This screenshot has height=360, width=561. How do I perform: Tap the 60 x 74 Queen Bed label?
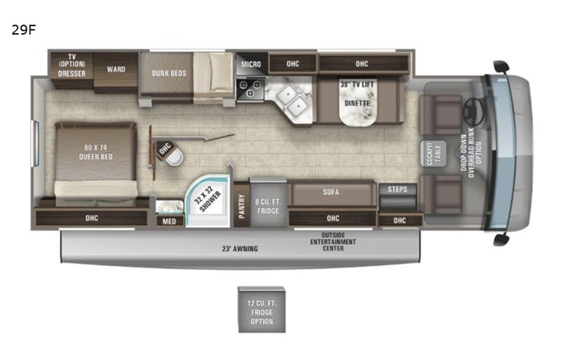click(96, 154)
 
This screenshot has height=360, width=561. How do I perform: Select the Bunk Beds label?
click(168, 73)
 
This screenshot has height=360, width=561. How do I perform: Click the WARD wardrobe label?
click(116, 70)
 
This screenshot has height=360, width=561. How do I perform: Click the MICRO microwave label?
click(250, 64)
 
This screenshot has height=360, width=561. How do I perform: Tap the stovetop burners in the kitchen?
click(250, 91)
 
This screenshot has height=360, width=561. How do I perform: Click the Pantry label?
click(242, 204)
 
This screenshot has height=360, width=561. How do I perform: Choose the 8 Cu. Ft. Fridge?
click(268, 204)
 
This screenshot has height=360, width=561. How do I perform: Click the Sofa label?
click(332, 192)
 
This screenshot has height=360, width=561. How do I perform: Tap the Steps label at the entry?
click(398, 190)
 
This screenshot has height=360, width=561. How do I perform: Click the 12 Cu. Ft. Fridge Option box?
click(261, 309)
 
